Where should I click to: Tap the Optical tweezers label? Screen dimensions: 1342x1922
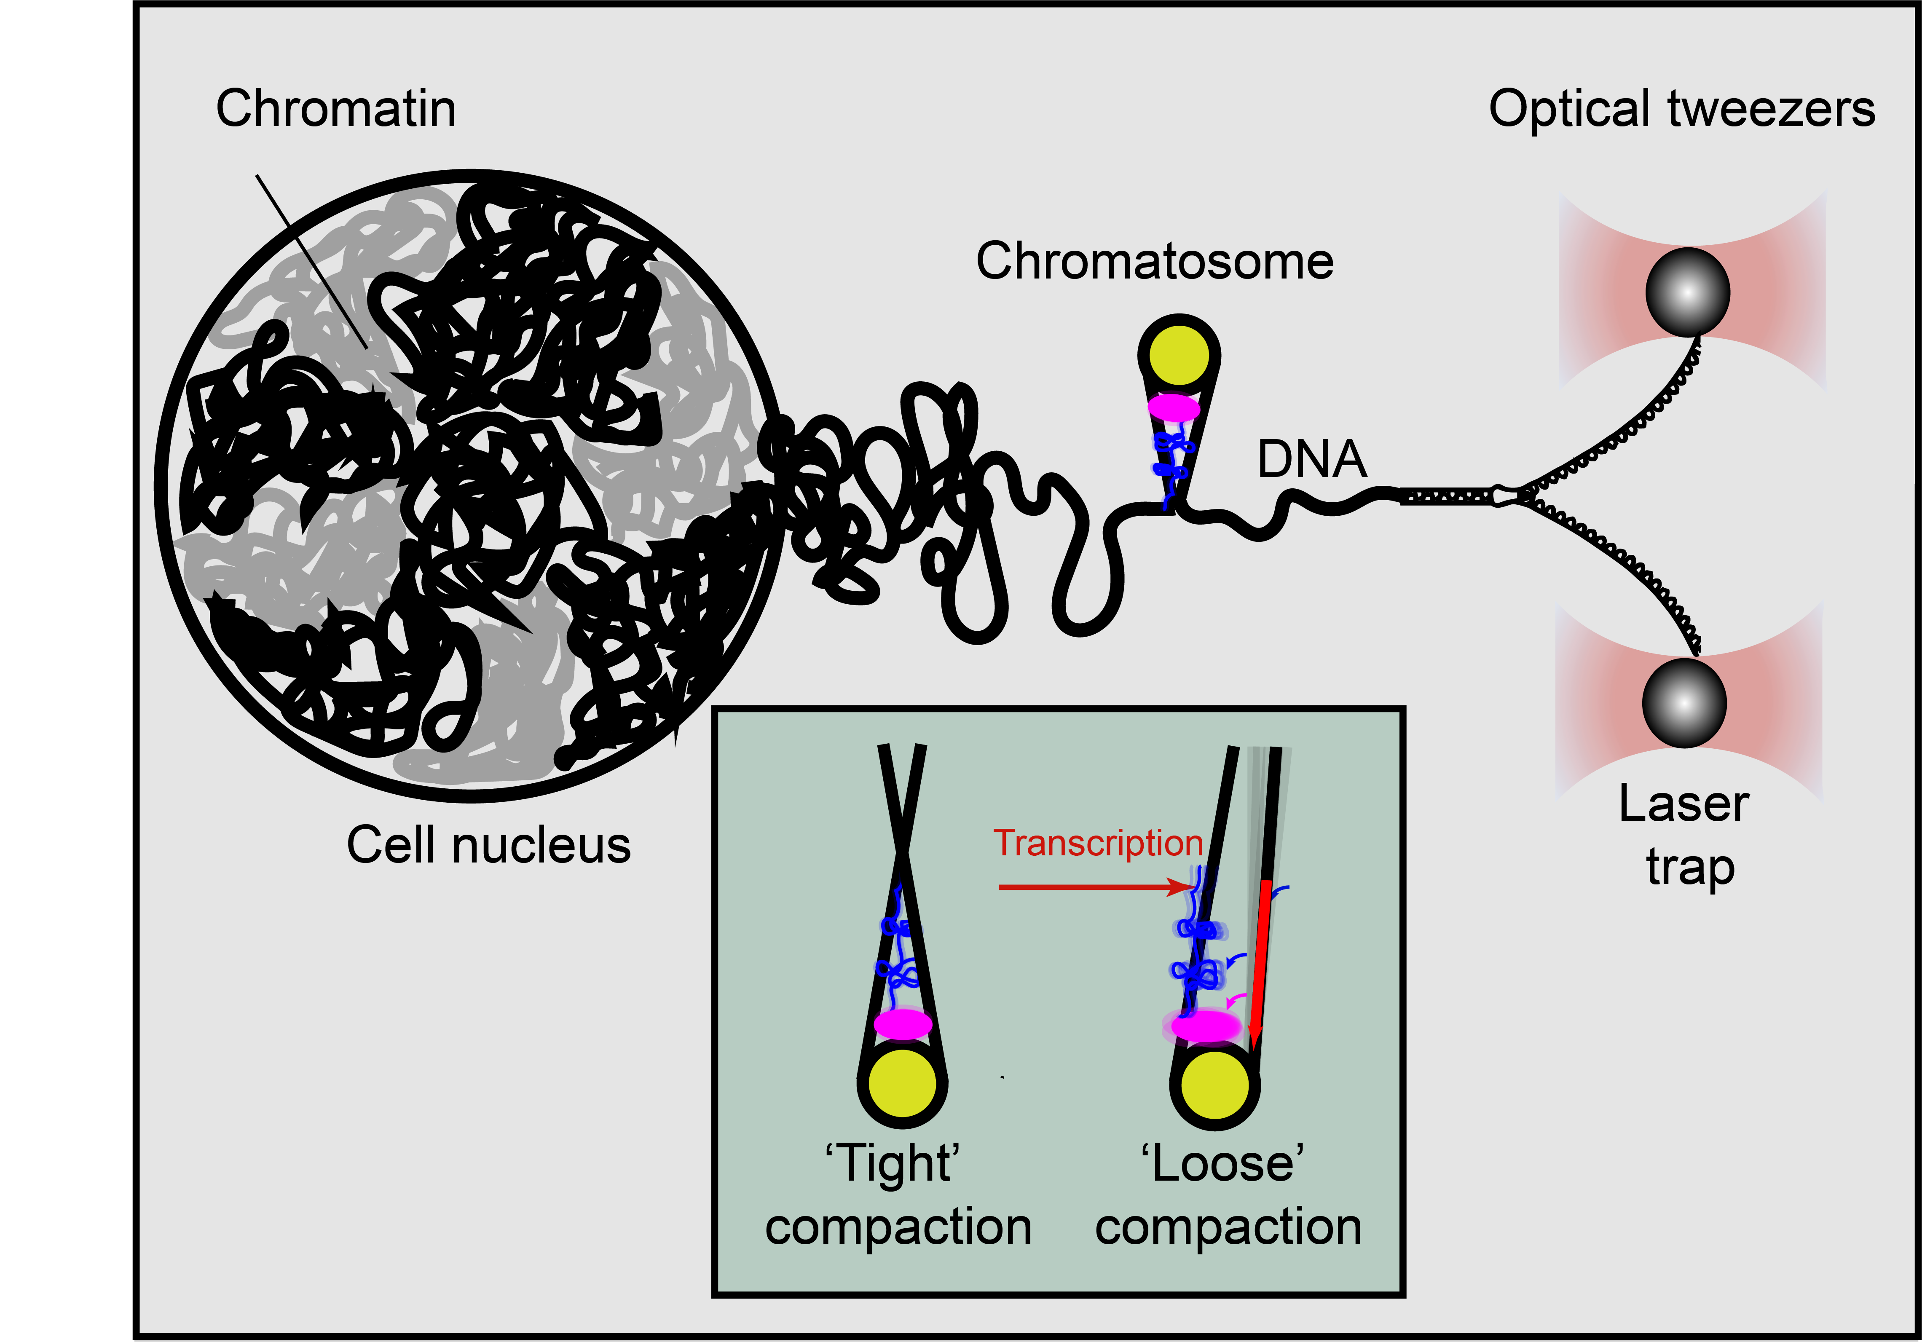click(1682, 110)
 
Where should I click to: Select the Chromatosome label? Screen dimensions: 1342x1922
click(1154, 261)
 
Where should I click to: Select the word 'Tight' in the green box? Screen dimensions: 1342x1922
click(893, 1164)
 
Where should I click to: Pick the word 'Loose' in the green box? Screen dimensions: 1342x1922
click(1222, 1164)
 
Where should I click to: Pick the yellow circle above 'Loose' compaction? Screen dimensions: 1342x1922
click(1214, 1085)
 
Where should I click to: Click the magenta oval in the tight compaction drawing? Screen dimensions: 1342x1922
click(902, 1023)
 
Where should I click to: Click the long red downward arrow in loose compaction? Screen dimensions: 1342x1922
click(1260, 963)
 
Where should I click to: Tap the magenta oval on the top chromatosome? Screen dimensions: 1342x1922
click(1174, 408)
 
